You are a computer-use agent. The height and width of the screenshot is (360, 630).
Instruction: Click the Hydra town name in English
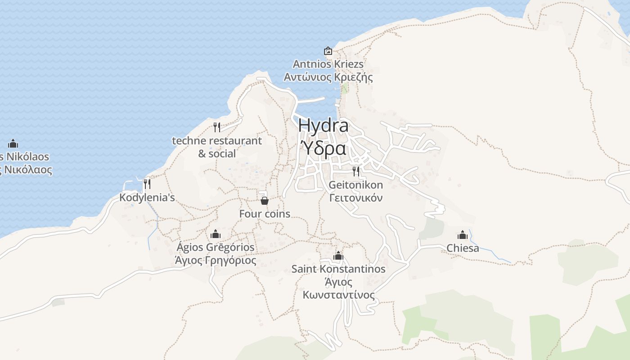coord(323,126)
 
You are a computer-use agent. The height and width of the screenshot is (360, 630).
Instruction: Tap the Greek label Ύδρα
coord(323,148)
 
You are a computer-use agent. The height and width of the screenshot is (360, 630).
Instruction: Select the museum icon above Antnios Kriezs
coord(328,51)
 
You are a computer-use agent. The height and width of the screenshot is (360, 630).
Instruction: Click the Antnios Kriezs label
coord(328,64)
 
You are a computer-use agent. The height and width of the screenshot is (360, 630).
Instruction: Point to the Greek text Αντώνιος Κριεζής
coord(328,77)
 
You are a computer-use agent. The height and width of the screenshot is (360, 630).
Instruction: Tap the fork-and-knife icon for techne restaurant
coord(217,127)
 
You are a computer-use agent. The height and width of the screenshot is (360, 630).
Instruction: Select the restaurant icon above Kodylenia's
coord(147,184)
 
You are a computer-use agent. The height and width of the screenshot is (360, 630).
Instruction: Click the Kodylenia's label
coord(147,197)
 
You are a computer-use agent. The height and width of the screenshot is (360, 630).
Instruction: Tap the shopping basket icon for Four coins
coord(265,200)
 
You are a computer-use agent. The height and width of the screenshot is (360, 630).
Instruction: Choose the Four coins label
coord(265,214)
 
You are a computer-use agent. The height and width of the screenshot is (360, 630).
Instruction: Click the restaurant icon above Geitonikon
coord(356,171)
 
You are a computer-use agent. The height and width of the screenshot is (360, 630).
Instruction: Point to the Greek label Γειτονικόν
coord(356,198)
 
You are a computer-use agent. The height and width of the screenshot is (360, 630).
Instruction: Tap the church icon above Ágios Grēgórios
coord(216,234)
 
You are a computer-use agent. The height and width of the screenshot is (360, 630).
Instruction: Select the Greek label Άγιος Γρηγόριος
coord(216,260)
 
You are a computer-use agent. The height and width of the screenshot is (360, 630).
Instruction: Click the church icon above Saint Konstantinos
coord(338,256)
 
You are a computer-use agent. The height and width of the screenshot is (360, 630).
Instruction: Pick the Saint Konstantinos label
coord(338,269)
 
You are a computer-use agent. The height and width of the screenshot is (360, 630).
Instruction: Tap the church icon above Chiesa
coord(463,235)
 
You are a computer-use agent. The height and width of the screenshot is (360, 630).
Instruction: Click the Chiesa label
coord(463,248)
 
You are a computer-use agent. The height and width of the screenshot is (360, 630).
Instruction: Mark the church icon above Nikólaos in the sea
coord(13,144)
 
